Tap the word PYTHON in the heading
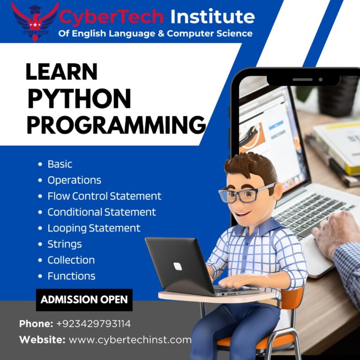tap(79, 99)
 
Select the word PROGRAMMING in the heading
tap(116, 125)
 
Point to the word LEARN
tap(61, 72)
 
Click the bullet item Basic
tap(60, 164)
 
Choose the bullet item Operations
tap(74, 180)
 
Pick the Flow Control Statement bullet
tap(104, 196)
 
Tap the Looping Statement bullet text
tap(94, 228)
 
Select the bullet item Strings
tap(65, 244)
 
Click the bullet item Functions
tap(71, 276)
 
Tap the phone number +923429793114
tap(93, 324)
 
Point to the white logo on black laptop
tap(178, 266)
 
